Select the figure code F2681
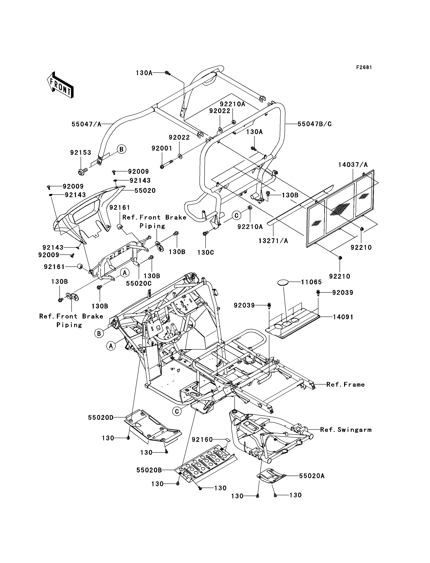point(364,67)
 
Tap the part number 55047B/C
point(315,124)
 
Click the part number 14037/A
point(353,165)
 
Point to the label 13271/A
point(273,241)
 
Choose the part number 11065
point(311,282)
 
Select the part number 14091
point(343,317)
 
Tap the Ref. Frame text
point(345,392)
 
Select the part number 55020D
point(101,417)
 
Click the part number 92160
point(202,439)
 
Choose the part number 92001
point(162,148)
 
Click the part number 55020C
point(139,283)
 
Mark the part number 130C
point(206,252)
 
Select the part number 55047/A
point(86,124)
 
